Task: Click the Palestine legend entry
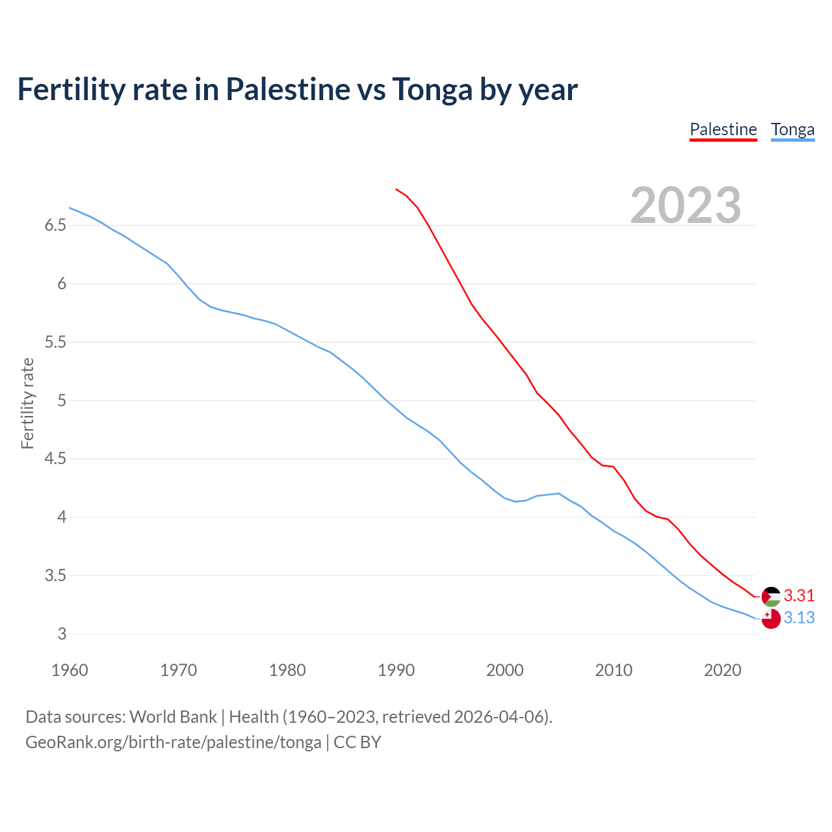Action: [x=723, y=129]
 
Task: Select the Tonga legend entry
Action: [x=792, y=129]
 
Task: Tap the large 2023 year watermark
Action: [x=685, y=205]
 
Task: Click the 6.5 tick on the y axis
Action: [x=55, y=226]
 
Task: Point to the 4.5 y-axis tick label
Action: [x=55, y=459]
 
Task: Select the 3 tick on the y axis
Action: [x=62, y=634]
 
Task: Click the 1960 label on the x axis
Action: [x=70, y=670]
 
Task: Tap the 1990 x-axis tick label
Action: [x=396, y=670]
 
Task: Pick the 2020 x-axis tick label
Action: [x=722, y=670]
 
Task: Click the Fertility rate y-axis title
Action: [x=27, y=403]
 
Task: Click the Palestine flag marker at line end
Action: [x=771, y=596]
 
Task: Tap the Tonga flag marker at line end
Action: [x=771, y=619]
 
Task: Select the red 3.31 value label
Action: [x=799, y=595]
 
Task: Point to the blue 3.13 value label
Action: [x=799, y=617]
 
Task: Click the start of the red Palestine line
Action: [x=396, y=189]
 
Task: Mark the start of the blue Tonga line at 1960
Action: [x=70, y=208]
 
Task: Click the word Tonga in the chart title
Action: [x=432, y=89]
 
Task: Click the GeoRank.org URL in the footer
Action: [x=173, y=742]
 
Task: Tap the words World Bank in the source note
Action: [x=173, y=717]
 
